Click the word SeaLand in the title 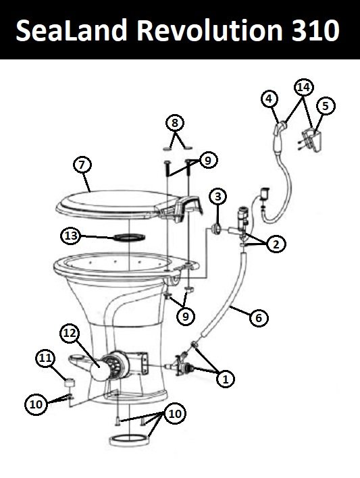pos(71,30)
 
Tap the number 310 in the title pos(315,30)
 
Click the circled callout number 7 pos(82,165)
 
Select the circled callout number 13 pos(71,236)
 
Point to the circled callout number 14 pos(304,88)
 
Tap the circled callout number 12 pos(70,334)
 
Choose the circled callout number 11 pos(45,358)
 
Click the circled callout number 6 pos(259,317)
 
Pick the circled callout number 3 pos(217,196)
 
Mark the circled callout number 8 pos(174,123)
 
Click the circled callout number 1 pos(226,379)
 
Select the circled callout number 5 pos(326,106)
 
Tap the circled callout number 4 pos(269,99)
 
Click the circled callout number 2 pos(276,244)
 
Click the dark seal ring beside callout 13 pos(129,236)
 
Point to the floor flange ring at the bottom pos(130,444)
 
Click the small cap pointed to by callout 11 pos(70,382)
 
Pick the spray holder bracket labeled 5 pos(313,140)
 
